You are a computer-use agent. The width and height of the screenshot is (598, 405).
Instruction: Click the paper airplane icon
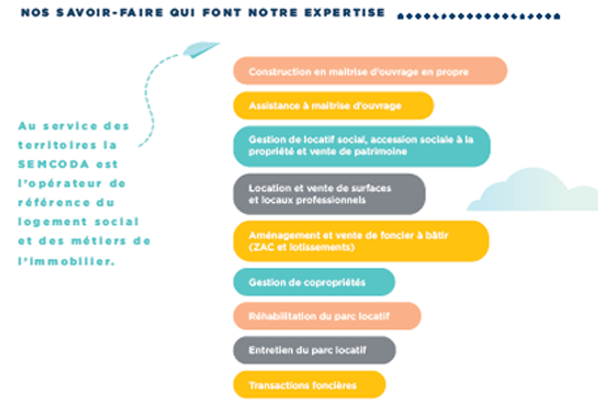[203, 50]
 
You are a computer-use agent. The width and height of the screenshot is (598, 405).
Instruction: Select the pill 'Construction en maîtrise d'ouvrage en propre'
[370, 71]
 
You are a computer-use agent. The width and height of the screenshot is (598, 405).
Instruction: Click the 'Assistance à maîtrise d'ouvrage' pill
[333, 105]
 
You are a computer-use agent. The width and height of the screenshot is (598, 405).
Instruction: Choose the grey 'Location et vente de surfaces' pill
[329, 194]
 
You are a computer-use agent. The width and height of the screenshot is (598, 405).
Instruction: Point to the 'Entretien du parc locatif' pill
[314, 350]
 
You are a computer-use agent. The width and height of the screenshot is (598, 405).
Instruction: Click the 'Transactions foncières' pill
[308, 384]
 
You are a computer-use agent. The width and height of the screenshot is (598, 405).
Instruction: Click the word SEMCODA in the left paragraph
[46, 164]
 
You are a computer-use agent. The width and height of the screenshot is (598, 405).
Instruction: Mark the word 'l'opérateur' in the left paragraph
[59, 183]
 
